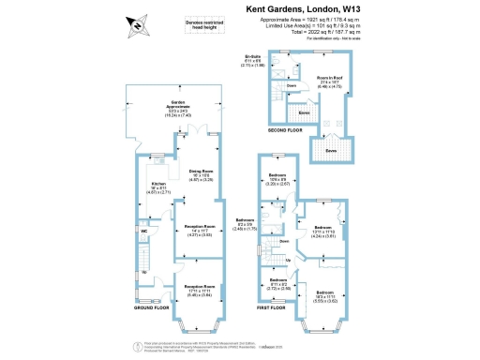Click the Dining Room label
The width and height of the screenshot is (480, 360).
pos(204,174)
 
